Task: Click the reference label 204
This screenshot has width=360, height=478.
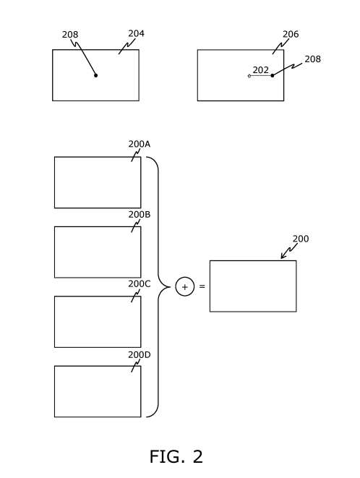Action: click(136, 33)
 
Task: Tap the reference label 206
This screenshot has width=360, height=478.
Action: click(291, 34)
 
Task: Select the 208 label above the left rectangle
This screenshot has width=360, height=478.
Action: click(70, 35)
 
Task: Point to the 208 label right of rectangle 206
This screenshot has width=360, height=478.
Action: click(313, 59)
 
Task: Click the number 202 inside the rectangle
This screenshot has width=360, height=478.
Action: click(261, 70)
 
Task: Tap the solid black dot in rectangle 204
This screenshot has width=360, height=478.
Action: click(95, 75)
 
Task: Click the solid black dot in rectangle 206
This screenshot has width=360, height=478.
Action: click(273, 75)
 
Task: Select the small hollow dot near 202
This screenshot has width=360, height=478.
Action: click(249, 76)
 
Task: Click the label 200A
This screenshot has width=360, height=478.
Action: click(140, 144)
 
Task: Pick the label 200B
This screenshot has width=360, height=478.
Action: click(140, 215)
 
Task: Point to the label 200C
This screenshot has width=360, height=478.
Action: click(140, 283)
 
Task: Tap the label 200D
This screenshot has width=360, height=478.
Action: click(140, 355)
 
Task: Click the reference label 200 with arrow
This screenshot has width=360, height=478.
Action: click(301, 239)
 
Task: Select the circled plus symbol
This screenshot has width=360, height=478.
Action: click(185, 286)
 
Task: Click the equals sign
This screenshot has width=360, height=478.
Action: click(202, 286)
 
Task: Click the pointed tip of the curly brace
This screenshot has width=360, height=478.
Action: click(170, 287)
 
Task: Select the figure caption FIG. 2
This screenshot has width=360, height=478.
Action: click(176, 456)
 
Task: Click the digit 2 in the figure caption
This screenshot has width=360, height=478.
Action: click(197, 456)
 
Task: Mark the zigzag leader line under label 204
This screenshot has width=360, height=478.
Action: click(127, 46)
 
